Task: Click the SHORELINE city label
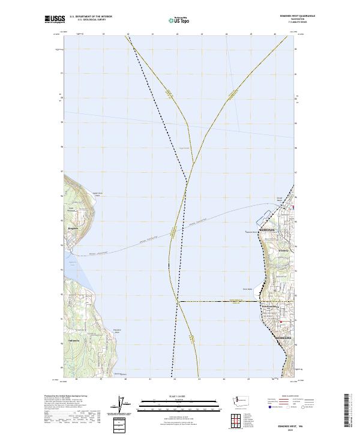pos(283,338)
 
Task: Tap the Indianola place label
pos(74,339)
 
